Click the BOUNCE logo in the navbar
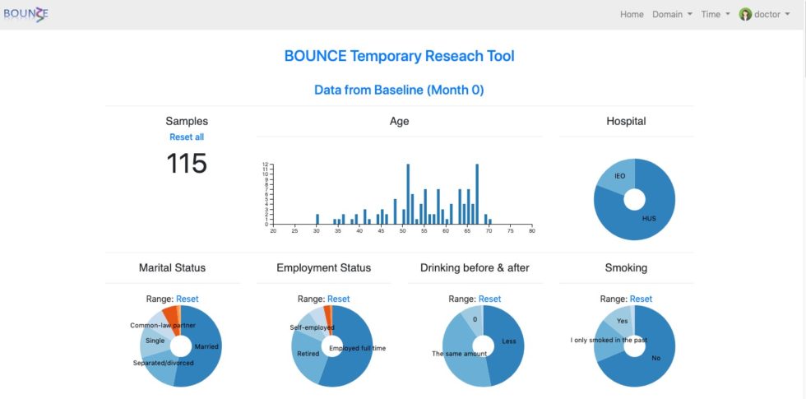(x=25, y=14)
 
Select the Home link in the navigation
(x=632, y=14)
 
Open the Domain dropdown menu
(x=672, y=14)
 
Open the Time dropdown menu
(x=715, y=14)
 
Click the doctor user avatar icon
(x=745, y=14)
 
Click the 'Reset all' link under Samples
(x=187, y=137)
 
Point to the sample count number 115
(x=187, y=164)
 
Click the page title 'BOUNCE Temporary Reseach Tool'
(x=399, y=56)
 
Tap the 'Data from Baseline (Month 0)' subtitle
(x=399, y=89)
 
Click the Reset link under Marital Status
(x=187, y=299)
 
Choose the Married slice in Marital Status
(x=206, y=347)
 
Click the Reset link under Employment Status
(x=338, y=299)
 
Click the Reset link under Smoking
(x=641, y=299)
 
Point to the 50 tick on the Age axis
(x=402, y=230)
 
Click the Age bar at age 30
(x=317, y=220)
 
